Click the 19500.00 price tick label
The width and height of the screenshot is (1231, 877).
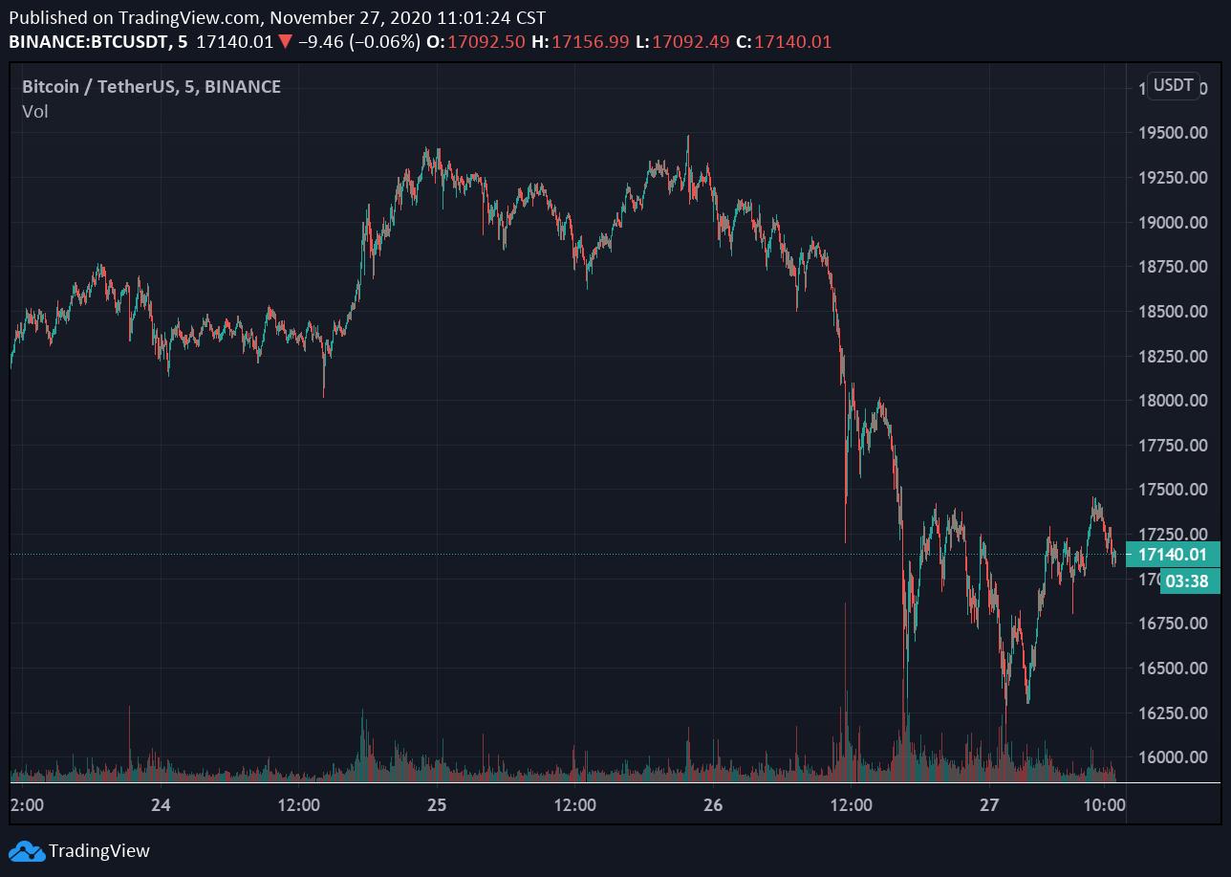point(1172,132)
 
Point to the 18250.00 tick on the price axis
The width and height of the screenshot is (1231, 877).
point(1172,356)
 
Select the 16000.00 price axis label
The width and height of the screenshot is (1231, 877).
point(1172,757)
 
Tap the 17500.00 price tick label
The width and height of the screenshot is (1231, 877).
point(1172,490)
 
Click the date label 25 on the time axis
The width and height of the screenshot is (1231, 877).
point(437,805)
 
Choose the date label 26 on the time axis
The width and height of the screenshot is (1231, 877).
point(713,805)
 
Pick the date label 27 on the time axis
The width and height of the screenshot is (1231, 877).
point(989,805)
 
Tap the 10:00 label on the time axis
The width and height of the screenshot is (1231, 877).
point(1105,805)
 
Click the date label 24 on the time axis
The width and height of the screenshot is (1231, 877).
point(161,805)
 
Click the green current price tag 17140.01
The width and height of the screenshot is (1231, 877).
point(1173,554)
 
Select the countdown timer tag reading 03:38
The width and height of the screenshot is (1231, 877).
point(1187,581)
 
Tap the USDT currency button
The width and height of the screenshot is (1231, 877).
point(1173,85)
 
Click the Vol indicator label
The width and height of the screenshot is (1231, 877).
point(35,112)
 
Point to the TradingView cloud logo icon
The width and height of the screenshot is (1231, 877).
point(26,850)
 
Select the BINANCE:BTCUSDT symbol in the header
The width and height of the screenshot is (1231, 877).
point(85,42)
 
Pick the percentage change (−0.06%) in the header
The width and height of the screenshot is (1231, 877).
point(384,42)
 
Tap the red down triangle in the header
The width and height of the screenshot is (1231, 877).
point(285,42)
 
